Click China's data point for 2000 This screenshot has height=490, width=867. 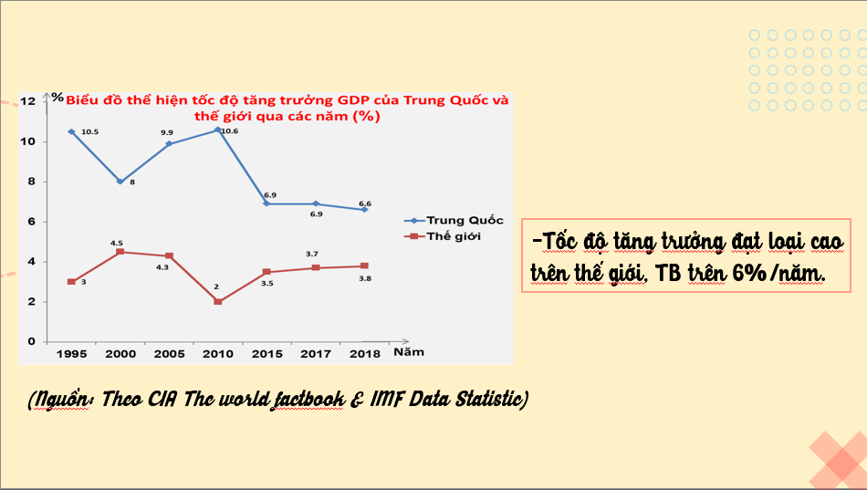(120, 182)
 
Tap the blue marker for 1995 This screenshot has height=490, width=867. (71, 131)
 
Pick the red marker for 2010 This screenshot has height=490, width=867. (218, 301)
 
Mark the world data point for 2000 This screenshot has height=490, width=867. (120, 252)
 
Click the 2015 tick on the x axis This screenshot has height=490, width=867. (266, 352)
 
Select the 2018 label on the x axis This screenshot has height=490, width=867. (365, 352)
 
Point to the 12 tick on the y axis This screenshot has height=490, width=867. (27, 101)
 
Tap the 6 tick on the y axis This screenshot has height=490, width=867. (31, 222)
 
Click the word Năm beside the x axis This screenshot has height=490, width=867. (408, 350)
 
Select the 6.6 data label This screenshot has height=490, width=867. (364, 203)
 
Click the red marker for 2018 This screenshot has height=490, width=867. (365, 266)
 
